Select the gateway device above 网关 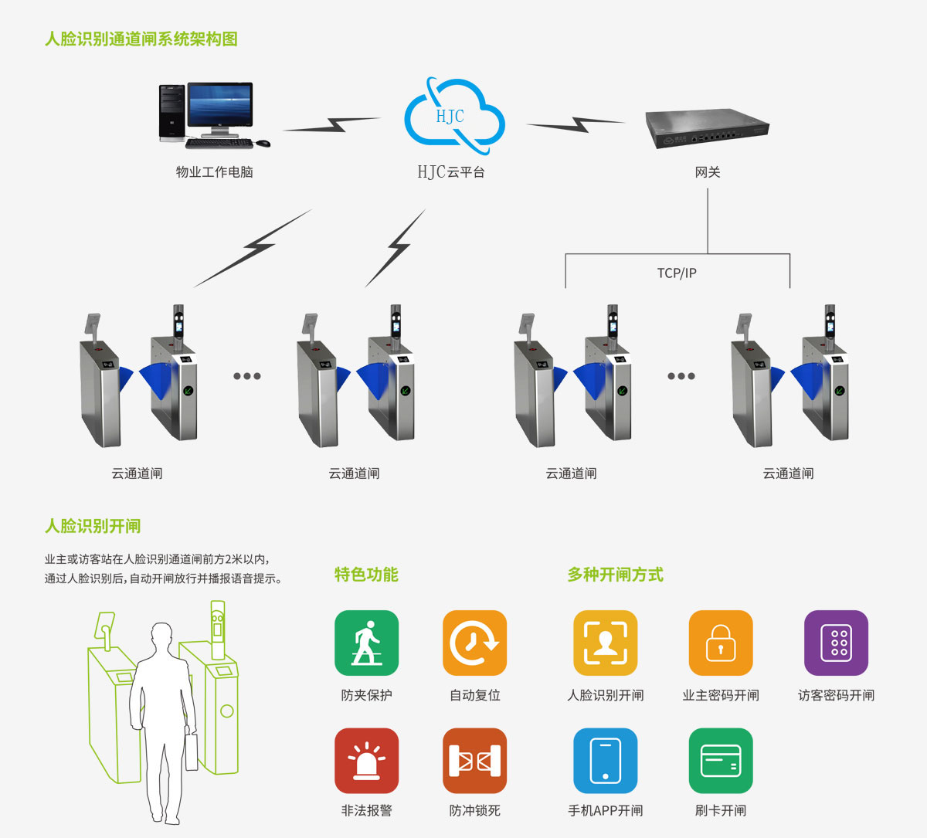[x=706, y=128]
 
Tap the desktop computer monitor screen [x=220, y=106]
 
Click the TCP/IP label [x=677, y=273]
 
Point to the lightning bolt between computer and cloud [x=333, y=124]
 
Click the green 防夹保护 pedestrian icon [x=366, y=643]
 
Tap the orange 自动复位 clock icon [x=474, y=643]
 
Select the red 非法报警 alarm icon [x=366, y=761]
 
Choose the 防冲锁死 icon [x=474, y=761]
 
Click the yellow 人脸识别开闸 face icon [x=605, y=643]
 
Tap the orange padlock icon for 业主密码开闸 [x=720, y=643]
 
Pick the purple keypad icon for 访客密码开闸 [x=836, y=643]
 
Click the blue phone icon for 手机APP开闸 [x=605, y=761]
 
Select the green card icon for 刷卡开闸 [x=720, y=761]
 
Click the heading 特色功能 [x=366, y=575]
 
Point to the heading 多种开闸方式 [x=615, y=575]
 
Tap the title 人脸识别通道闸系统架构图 [x=141, y=39]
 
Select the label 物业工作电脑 [x=215, y=172]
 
